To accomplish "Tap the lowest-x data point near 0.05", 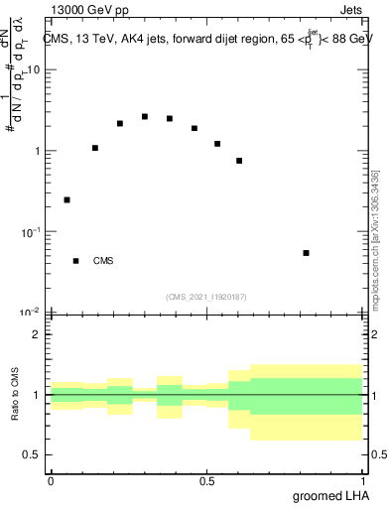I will pyautogui.click(x=66, y=199).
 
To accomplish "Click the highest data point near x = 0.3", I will pyautogui.click(x=145, y=116).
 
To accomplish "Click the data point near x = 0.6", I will pyautogui.click(x=239, y=161).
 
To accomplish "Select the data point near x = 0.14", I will pyautogui.click(x=95, y=148).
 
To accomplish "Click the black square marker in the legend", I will pyautogui.click(x=75, y=261).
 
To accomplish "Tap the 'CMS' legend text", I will pyautogui.click(x=103, y=262).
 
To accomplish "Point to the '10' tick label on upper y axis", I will pyautogui.click(x=34, y=70).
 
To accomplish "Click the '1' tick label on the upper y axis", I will pyautogui.click(x=38, y=151).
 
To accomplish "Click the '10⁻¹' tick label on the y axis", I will pyautogui.click(x=30, y=231).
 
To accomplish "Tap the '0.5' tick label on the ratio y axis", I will pyautogui.click(x=32, y=454).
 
